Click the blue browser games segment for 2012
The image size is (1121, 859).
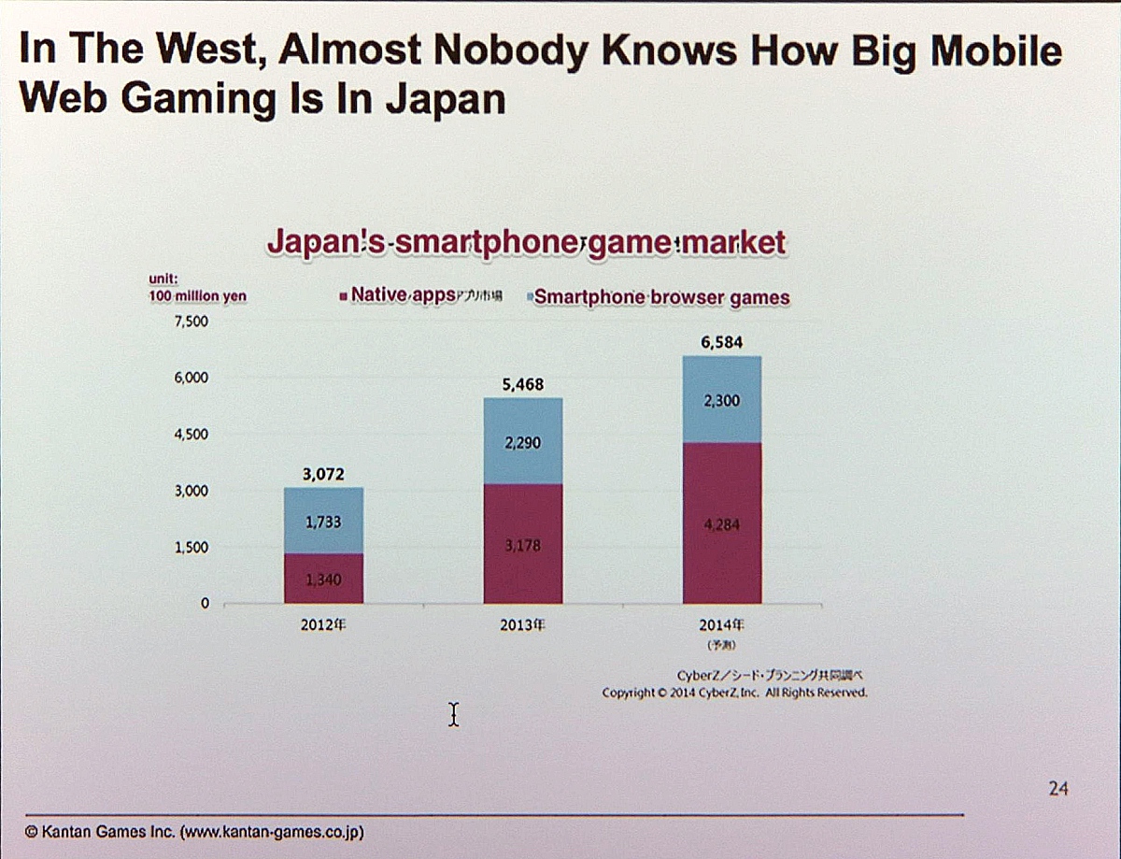323,521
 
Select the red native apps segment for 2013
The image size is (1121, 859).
523,544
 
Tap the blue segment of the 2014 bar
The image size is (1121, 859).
721,399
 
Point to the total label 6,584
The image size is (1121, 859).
721,343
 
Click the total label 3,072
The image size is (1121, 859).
323,475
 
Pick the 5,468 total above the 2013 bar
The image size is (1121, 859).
522,385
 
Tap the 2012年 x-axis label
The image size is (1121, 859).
323,625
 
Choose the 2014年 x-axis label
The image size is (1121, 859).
721,625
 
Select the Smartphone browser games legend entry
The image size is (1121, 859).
659,297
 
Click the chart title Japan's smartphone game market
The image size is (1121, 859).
526,243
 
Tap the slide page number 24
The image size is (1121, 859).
1057,789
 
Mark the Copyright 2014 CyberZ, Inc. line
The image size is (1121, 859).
734,693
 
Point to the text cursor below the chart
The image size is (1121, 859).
453,715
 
